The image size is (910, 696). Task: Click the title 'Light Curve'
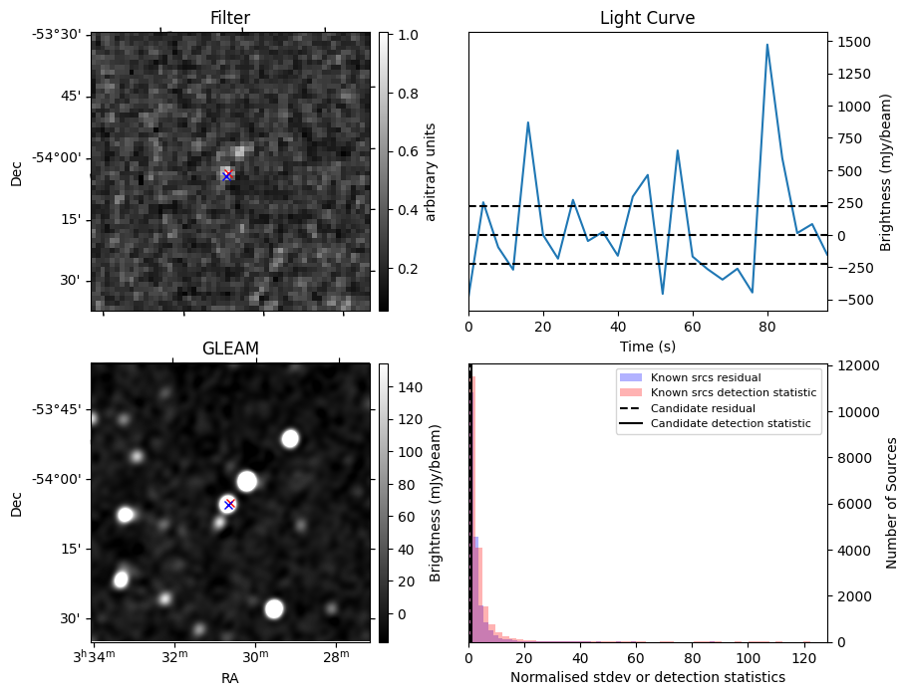click(647, 18)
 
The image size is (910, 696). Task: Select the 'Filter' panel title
click(230, 18)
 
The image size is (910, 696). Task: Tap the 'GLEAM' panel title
click(230, 348)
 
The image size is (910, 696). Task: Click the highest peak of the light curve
click(766, 45)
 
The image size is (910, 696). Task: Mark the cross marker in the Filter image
click(227, 175)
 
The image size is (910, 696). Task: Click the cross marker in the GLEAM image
click(229, 504)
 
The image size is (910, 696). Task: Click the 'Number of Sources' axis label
click(893, 503)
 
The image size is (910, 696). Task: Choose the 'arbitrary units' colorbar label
click(431, 171)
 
